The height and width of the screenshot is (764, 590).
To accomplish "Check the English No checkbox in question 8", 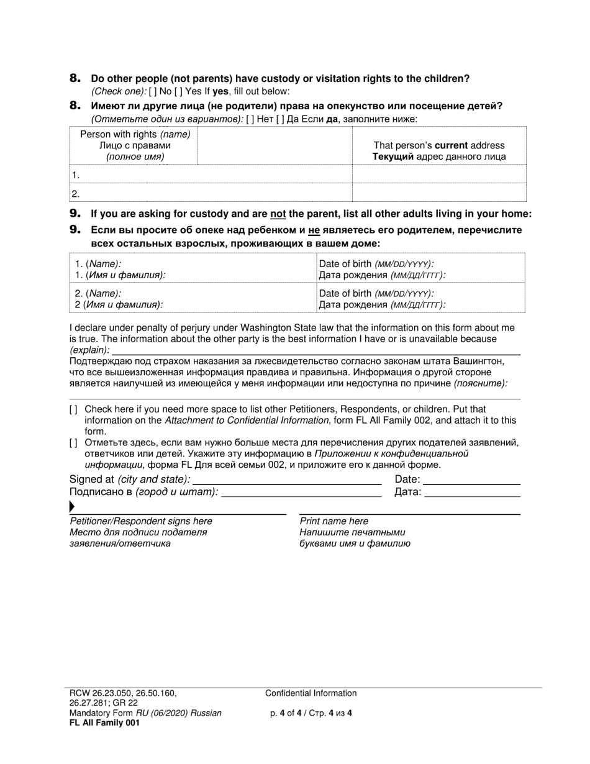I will [x=153, y=91].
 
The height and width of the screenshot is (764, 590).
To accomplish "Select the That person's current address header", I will [x=438, y=151].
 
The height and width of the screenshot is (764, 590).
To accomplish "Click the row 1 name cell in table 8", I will [x=211, y=175].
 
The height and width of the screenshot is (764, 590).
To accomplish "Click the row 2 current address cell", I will [x=438, y=193].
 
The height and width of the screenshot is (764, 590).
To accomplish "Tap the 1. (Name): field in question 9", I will [x=193, y=269].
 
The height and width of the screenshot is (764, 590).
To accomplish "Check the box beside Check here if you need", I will [x=74, y=409].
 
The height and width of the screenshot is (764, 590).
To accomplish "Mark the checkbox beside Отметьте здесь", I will [x=74, y=443].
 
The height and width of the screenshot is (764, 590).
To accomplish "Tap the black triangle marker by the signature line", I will [x=72, y=507].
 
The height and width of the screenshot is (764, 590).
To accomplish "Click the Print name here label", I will [x=334, y=522].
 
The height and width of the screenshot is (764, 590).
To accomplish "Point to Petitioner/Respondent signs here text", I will [x=141, y=522].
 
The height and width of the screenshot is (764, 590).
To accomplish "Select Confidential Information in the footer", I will [x=311, y=693].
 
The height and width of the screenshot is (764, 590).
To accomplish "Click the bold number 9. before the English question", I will [x=75, y=214].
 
